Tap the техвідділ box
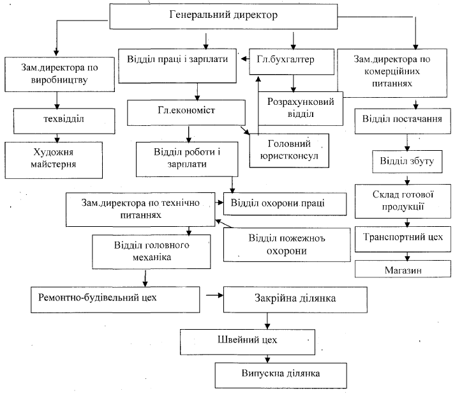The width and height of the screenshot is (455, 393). click(59, 119)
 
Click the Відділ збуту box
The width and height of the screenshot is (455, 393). click(406, 161)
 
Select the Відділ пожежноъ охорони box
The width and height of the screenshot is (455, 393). click(279, 243)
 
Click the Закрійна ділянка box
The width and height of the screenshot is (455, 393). click(295, 298)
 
